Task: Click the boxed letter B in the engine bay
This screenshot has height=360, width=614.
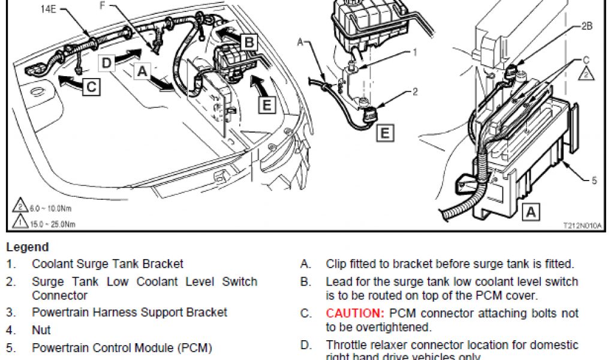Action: [x=249, y=41]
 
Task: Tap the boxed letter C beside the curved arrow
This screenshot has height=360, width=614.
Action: [x=91, y=86]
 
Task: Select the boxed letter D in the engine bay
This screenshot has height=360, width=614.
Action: [x=106, y=62]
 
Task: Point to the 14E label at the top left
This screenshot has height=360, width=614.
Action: [x=50, y=10]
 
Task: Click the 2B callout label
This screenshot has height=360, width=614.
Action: [x=587, y=26]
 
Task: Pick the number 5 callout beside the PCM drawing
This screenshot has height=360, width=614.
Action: [x=594, y=179]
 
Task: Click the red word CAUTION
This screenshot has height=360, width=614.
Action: [x=354, y=313]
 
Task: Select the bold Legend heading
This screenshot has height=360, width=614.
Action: [x=27, y=247]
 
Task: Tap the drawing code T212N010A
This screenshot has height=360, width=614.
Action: [x=582, y=225]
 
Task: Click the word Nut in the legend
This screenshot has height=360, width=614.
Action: [x=41, y=330]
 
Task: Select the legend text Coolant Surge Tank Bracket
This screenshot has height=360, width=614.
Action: [x=107, y=263]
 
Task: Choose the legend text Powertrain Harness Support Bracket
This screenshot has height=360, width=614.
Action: [x=130, y=312]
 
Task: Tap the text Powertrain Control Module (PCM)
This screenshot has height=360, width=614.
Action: [x=122, y=347]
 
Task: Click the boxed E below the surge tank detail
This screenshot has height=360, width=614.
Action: [x=384, y=133]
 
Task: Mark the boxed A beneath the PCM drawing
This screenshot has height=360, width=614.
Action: [x=530, y=211]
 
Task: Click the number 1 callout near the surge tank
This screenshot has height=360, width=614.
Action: [x=414, y=52]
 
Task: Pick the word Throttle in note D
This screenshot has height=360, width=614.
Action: [x=347, y=345]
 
